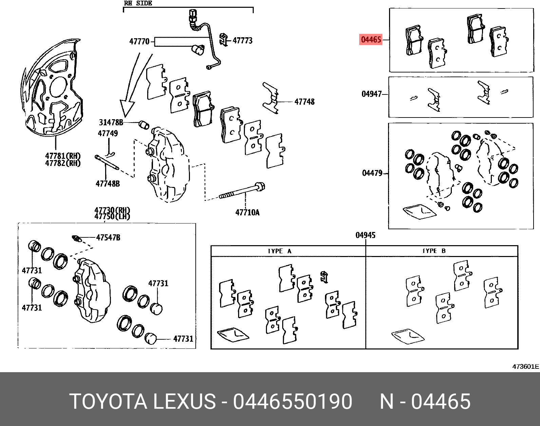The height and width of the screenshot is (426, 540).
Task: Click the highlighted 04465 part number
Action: [371, 40]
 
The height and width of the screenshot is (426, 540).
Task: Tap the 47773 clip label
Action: [243, 41]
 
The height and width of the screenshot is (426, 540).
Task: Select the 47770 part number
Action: [139, 42]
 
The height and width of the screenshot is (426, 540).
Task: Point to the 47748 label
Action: [304, 102]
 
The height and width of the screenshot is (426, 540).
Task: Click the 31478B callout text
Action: [111, 122]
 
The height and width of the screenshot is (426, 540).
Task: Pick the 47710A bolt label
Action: [247, 212]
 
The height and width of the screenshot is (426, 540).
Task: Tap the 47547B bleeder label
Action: [108, 237]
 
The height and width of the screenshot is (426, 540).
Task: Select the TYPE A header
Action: [279, 251]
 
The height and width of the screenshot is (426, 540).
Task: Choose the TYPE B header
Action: [434, 251]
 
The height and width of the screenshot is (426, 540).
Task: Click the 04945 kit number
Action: [365, 235]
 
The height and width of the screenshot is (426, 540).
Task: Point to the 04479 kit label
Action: [372, 173]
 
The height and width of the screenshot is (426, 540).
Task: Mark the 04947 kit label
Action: [371, 94]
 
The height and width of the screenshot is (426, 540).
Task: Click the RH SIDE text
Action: [138, 3]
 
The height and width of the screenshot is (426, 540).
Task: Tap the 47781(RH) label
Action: [63, 156]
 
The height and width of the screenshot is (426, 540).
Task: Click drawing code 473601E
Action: [525, 366]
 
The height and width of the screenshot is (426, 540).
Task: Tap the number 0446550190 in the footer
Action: [292, 402]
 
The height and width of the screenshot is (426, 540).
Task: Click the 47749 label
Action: [108, 133]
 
